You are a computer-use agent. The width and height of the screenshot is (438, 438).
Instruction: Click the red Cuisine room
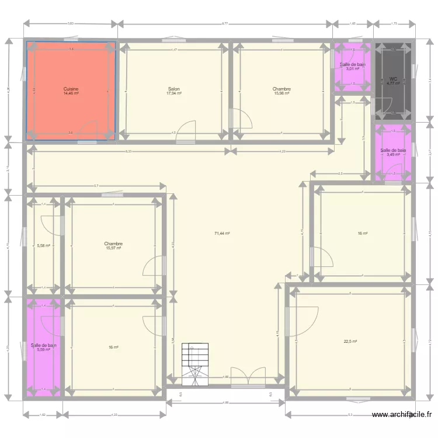pos(70,70)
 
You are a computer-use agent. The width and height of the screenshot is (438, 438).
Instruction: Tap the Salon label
pos(173,89)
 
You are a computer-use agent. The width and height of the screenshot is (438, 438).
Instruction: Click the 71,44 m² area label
pos(222,233)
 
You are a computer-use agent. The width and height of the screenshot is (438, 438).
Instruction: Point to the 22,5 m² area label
pos(350,342)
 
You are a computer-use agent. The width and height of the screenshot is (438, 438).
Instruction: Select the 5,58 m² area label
pos(44,246)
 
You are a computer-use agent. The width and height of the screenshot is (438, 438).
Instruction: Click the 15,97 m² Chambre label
pos(113,248)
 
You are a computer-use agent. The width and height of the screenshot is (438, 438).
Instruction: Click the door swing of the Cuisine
pos(89,130)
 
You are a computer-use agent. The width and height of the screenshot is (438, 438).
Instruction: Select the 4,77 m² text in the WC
pos(392,83)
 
